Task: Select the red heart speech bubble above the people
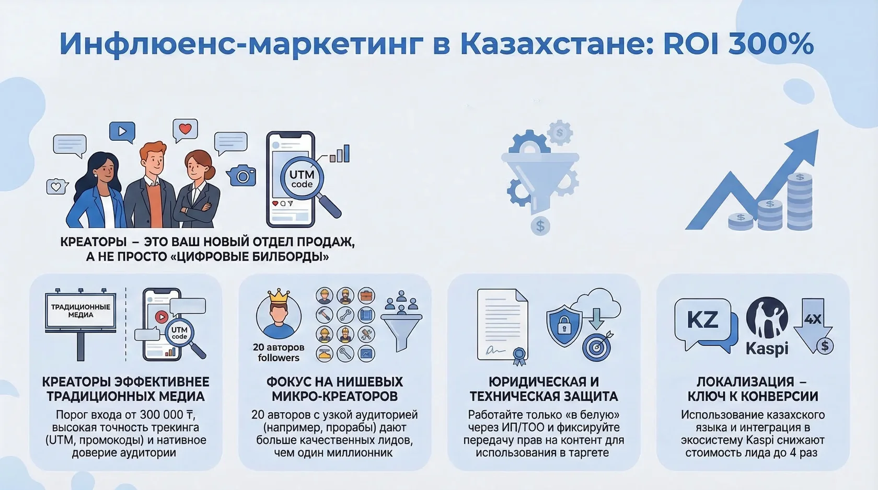(185, 129)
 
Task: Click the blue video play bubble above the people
(122, 131)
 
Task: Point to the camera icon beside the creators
(241, 176)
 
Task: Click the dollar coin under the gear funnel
(540, 226)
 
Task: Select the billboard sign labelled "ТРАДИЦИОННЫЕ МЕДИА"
(80, 311)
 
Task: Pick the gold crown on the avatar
(279, 297)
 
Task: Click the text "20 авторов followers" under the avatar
(279, 352)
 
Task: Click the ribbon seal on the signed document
(519, 357)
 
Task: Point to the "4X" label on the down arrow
(813, 318)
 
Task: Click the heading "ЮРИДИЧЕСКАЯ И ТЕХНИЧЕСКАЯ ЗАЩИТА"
(544, 389)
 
